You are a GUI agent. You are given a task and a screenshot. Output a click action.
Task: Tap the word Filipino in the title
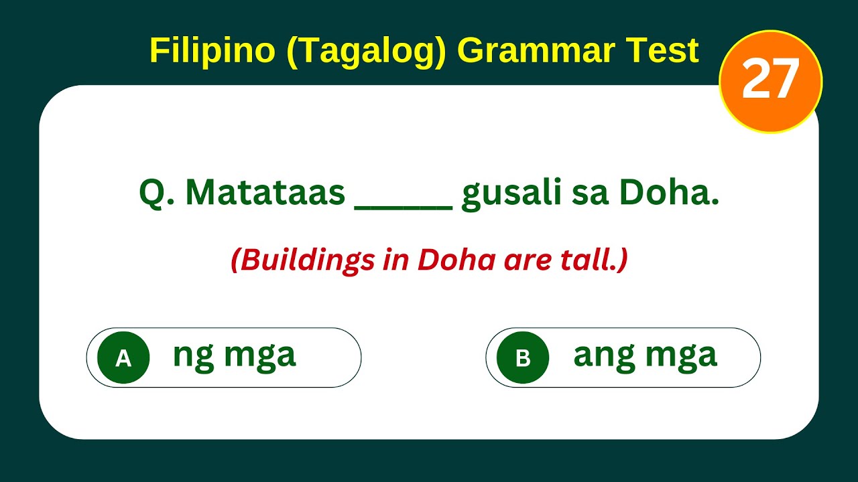(x=212, y=51)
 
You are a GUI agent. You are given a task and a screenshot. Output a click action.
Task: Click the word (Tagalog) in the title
(x=365, y=51)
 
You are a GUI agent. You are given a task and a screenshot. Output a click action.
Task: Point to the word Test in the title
(x=664, y=51)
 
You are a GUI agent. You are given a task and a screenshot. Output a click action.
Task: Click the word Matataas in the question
(x=265, y=193)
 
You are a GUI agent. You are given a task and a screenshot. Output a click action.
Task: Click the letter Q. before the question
(x=156, y=194)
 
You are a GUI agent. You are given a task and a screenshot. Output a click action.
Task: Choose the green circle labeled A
(x=123, y=358)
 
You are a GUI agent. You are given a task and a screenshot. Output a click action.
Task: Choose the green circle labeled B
(x=523, y=358)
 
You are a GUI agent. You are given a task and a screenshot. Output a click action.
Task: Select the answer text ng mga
(x=234, y=355)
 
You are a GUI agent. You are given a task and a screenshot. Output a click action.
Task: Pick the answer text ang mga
(x=645, y=355)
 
